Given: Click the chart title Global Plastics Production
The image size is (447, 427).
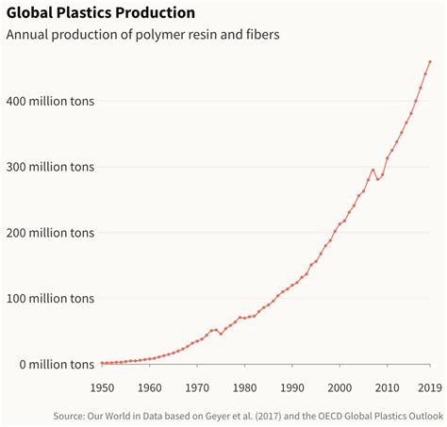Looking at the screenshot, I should [101, 13].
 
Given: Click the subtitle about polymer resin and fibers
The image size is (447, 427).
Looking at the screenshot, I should [142, 35].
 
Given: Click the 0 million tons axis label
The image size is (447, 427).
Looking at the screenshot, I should [51, 364].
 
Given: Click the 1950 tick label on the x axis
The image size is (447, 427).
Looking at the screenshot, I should [102, 386].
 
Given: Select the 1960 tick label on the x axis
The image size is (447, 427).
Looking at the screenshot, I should [149, 386].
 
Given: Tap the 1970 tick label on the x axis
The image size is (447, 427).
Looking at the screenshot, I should [196, 386].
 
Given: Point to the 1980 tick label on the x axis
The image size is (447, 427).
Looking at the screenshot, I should [244, 386].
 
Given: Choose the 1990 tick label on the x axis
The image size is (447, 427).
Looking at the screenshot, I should [291, 386].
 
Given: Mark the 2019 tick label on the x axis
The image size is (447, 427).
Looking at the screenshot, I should [429, 386].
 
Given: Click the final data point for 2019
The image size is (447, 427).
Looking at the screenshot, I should [430, 62].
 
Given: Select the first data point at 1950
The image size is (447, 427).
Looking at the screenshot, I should [102, 363].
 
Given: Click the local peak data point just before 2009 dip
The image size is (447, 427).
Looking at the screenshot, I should [372, 170].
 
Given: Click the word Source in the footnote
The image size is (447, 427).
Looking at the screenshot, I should [71, 414].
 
